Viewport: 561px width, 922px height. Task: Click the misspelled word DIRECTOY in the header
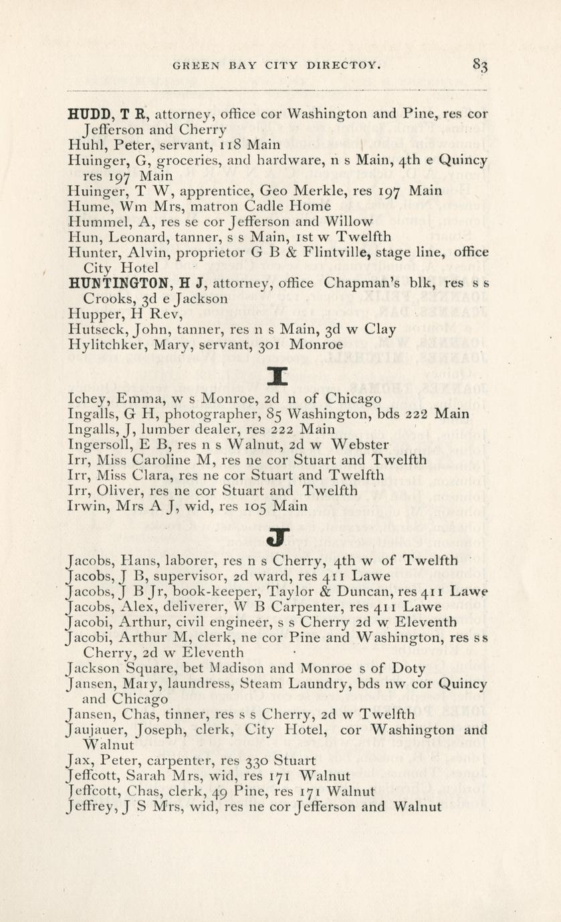tap(345, 66)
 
